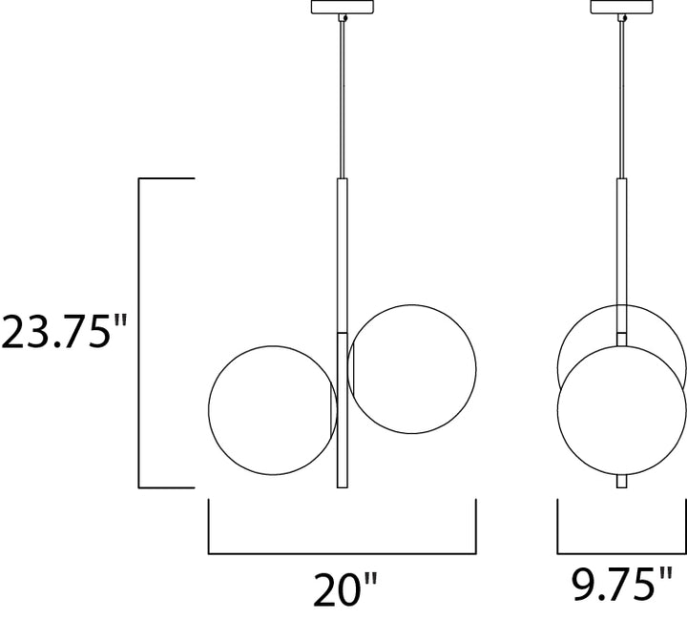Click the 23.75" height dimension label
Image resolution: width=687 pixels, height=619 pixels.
[x=64, y=332]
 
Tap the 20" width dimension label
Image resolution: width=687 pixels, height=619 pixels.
[x=345, y=589]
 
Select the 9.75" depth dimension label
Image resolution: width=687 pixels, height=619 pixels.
[x=622, y=584]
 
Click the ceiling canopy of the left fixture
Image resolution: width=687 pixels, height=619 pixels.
[x=343, y=7]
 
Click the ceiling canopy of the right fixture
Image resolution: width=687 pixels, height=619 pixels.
[x=622, y=7]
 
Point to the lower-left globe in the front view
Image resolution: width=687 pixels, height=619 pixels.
[x=209, y=410]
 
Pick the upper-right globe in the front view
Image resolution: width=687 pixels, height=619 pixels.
[x=476, y=369]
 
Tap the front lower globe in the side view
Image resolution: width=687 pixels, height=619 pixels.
[x=558, y=410]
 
